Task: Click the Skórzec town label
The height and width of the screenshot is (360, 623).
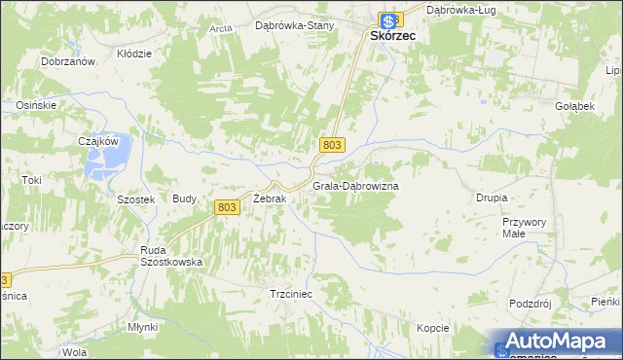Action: pos(393,35)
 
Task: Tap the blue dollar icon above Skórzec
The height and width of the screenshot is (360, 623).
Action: pos(388,19)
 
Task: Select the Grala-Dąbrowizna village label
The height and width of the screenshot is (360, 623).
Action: pos(355,185)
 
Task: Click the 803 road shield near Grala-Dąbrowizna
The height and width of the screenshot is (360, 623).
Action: pos(332,144)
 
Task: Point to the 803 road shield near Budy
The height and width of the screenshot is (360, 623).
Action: pos(227,206)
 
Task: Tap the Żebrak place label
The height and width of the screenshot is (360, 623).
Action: pos(269,198)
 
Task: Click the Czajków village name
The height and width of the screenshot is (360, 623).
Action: pos(97,141)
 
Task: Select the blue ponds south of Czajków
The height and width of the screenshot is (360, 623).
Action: pos(101,169)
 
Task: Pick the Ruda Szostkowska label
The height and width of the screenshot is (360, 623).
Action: pos(171,255)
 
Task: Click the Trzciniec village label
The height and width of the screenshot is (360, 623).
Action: pos(289,293)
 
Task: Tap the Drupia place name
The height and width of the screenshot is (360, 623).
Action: pos(492,198)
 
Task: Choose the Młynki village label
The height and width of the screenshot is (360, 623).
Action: pos(142,327)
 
